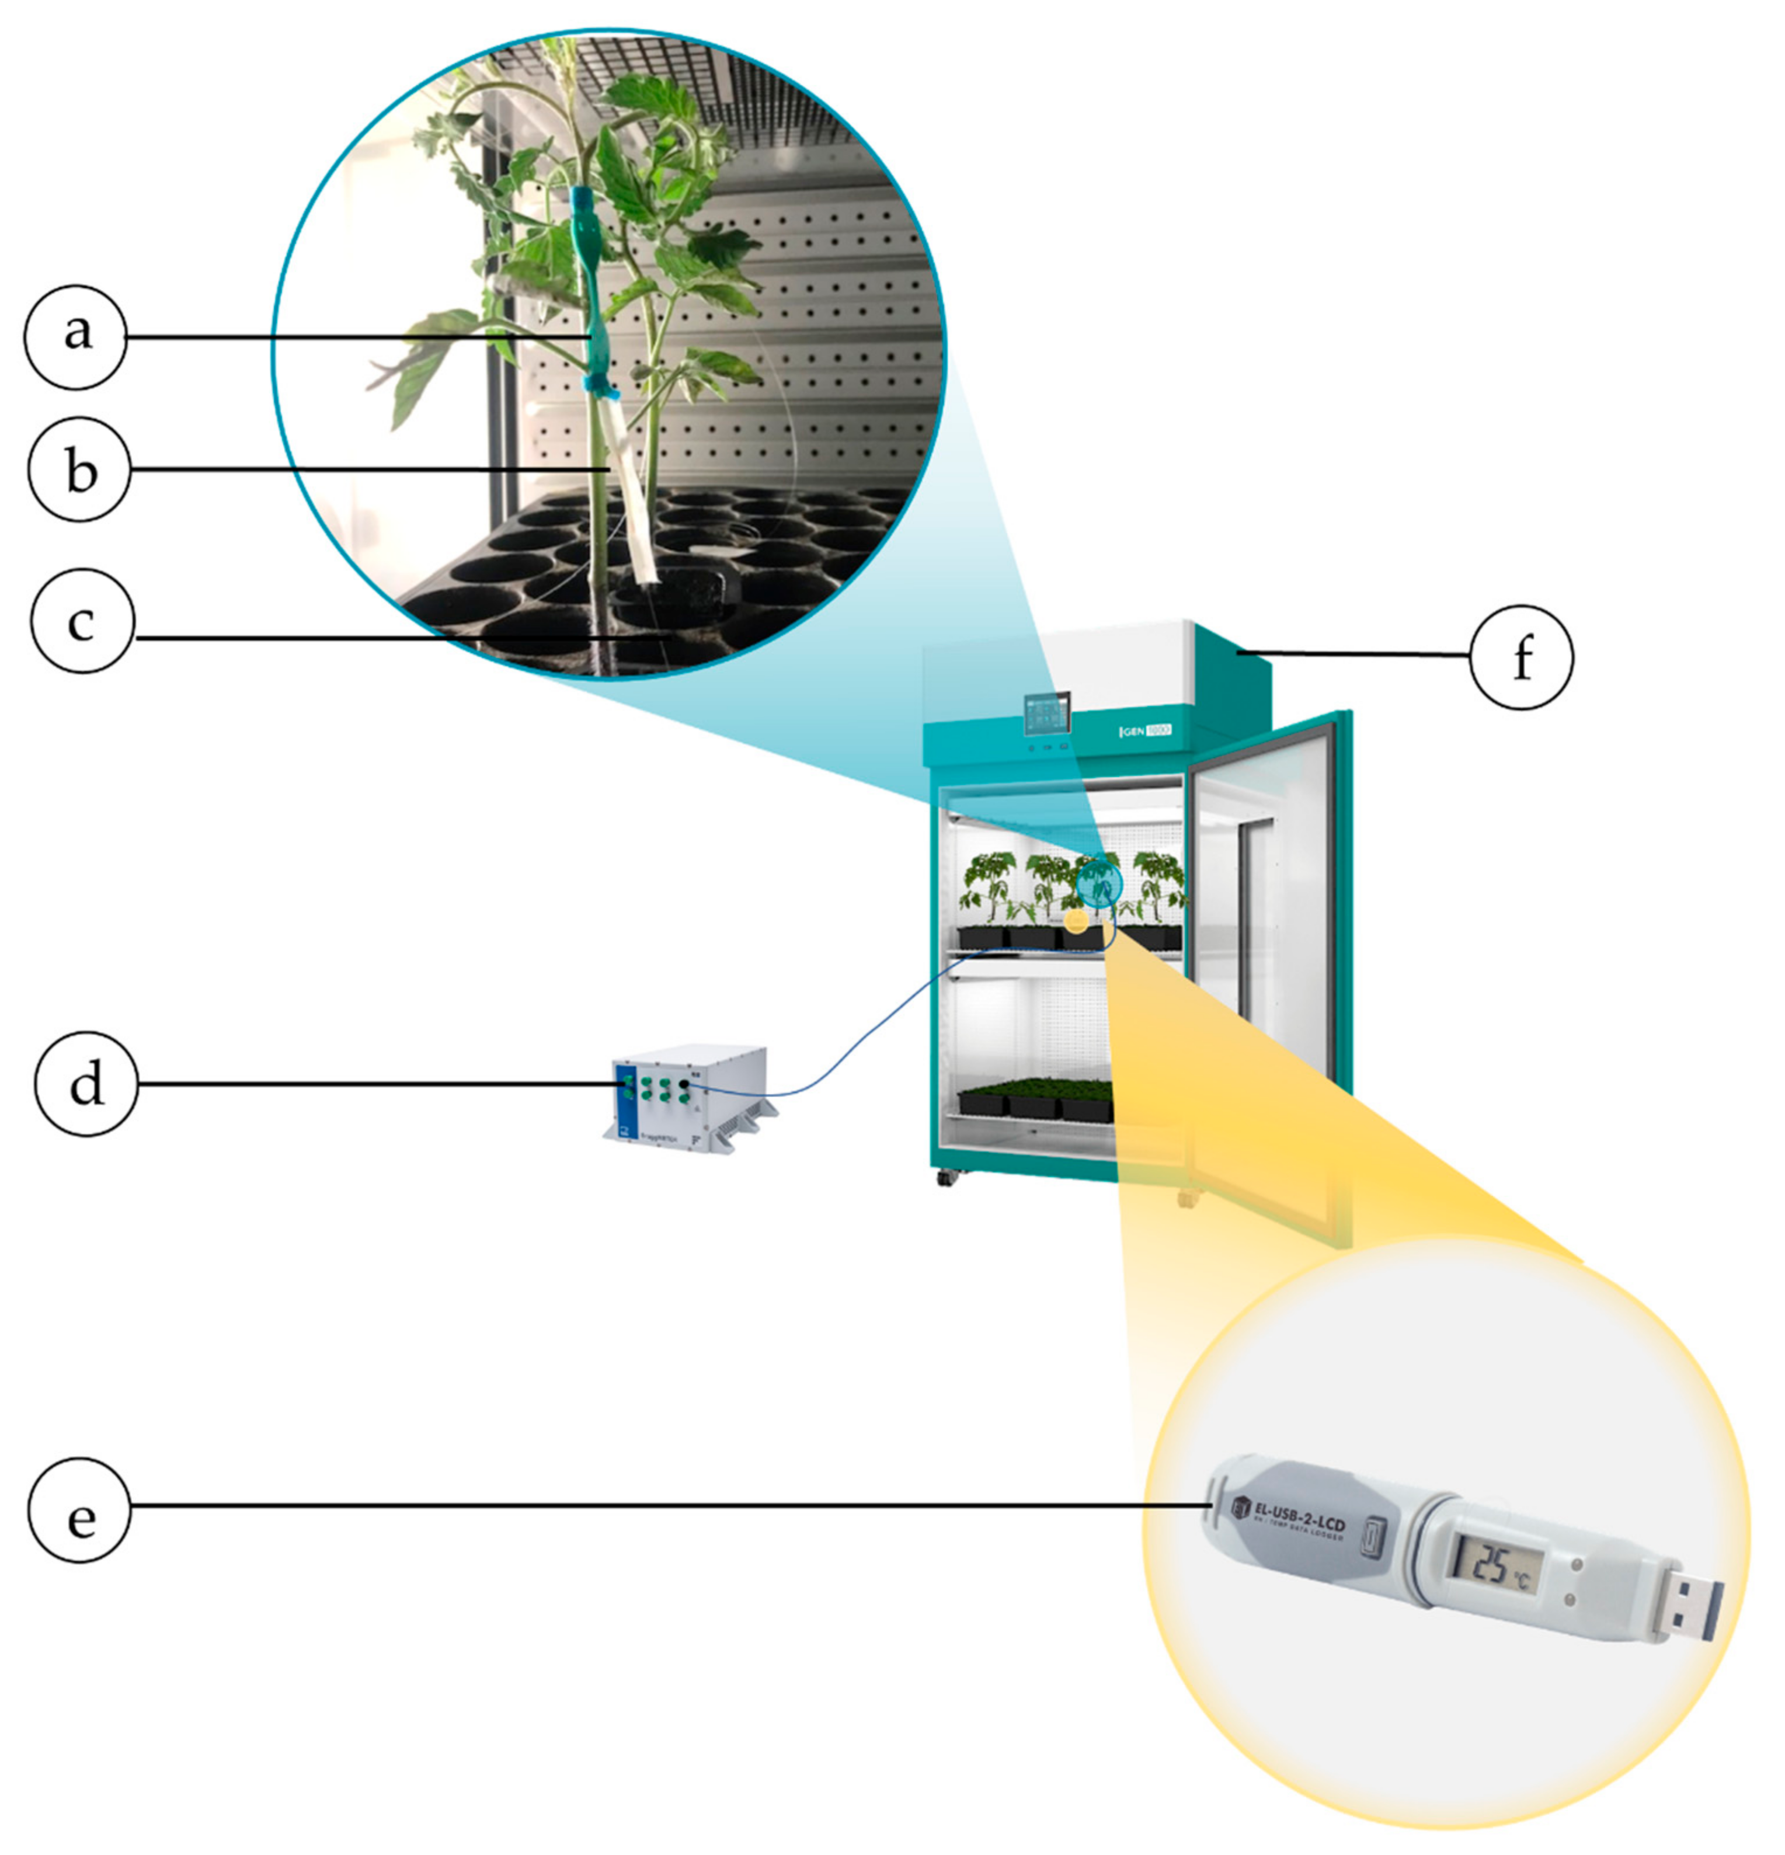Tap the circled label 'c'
pyautogui.click(x=82, y=623)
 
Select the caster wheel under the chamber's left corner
pyautogui.click(x=945, y=1178)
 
